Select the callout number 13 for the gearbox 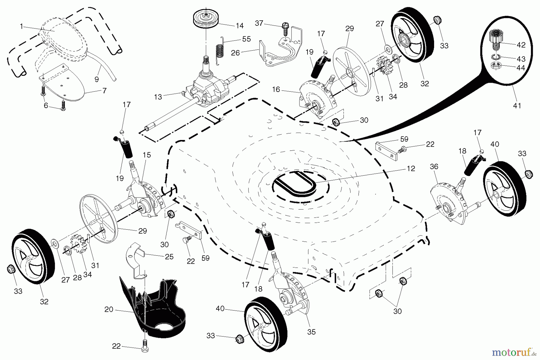click(158, 97)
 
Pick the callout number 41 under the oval click(517, 106)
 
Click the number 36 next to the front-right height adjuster click(434, 167)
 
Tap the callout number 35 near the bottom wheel click(311, 332)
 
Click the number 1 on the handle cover click(21, 26)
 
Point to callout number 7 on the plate click(104, 91)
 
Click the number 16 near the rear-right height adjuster click(276, 89)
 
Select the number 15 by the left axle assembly click(147, 155)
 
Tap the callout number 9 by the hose click(96, 79)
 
